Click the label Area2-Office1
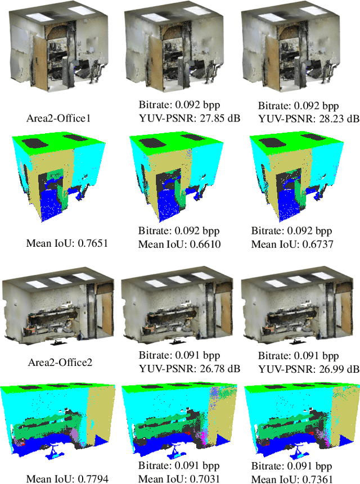click(58, 118)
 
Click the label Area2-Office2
click(60, 362)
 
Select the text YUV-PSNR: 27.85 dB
click(190, 118)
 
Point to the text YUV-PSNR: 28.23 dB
click(309, 119)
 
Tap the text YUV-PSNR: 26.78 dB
click(190, 369)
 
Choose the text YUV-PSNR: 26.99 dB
click(309, 369)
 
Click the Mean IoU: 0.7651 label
click(67, 243)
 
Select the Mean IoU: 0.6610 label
click(179, 245)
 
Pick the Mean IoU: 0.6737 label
click(292, 245)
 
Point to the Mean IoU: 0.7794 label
click(67, 479)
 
